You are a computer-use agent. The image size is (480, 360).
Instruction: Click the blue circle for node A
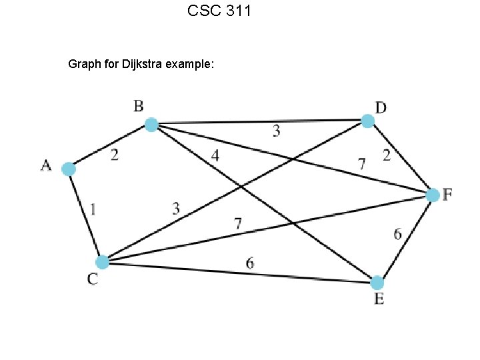[68, 169]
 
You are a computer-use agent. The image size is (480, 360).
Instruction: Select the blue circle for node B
[151, 125]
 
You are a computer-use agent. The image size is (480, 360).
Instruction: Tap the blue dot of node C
[102, 262]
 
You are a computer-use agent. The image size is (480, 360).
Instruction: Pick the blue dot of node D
[367, 121]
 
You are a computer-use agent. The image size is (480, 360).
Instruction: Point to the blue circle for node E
[377, 282]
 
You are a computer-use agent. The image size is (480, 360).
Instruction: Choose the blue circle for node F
[433, 195]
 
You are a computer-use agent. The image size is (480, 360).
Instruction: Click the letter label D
[381, 107]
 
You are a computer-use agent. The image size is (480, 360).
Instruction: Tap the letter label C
[93, 280]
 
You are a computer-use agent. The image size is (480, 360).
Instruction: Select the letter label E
[379, 299]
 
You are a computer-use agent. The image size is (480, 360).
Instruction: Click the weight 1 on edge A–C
[93, 209]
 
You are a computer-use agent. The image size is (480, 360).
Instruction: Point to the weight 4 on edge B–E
[215, 155]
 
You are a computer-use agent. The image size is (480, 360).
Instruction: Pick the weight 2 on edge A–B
[115, 155]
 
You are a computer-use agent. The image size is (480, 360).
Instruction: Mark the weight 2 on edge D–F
[387, 156]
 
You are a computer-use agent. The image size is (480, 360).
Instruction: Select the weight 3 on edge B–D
[276, 131]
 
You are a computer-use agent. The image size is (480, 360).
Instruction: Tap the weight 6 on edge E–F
[397, 234]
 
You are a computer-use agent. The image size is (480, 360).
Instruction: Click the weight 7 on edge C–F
[237, 224]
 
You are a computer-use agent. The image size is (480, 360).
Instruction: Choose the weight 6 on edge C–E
[249, 263]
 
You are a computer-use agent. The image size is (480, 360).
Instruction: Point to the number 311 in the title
[237, 11]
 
